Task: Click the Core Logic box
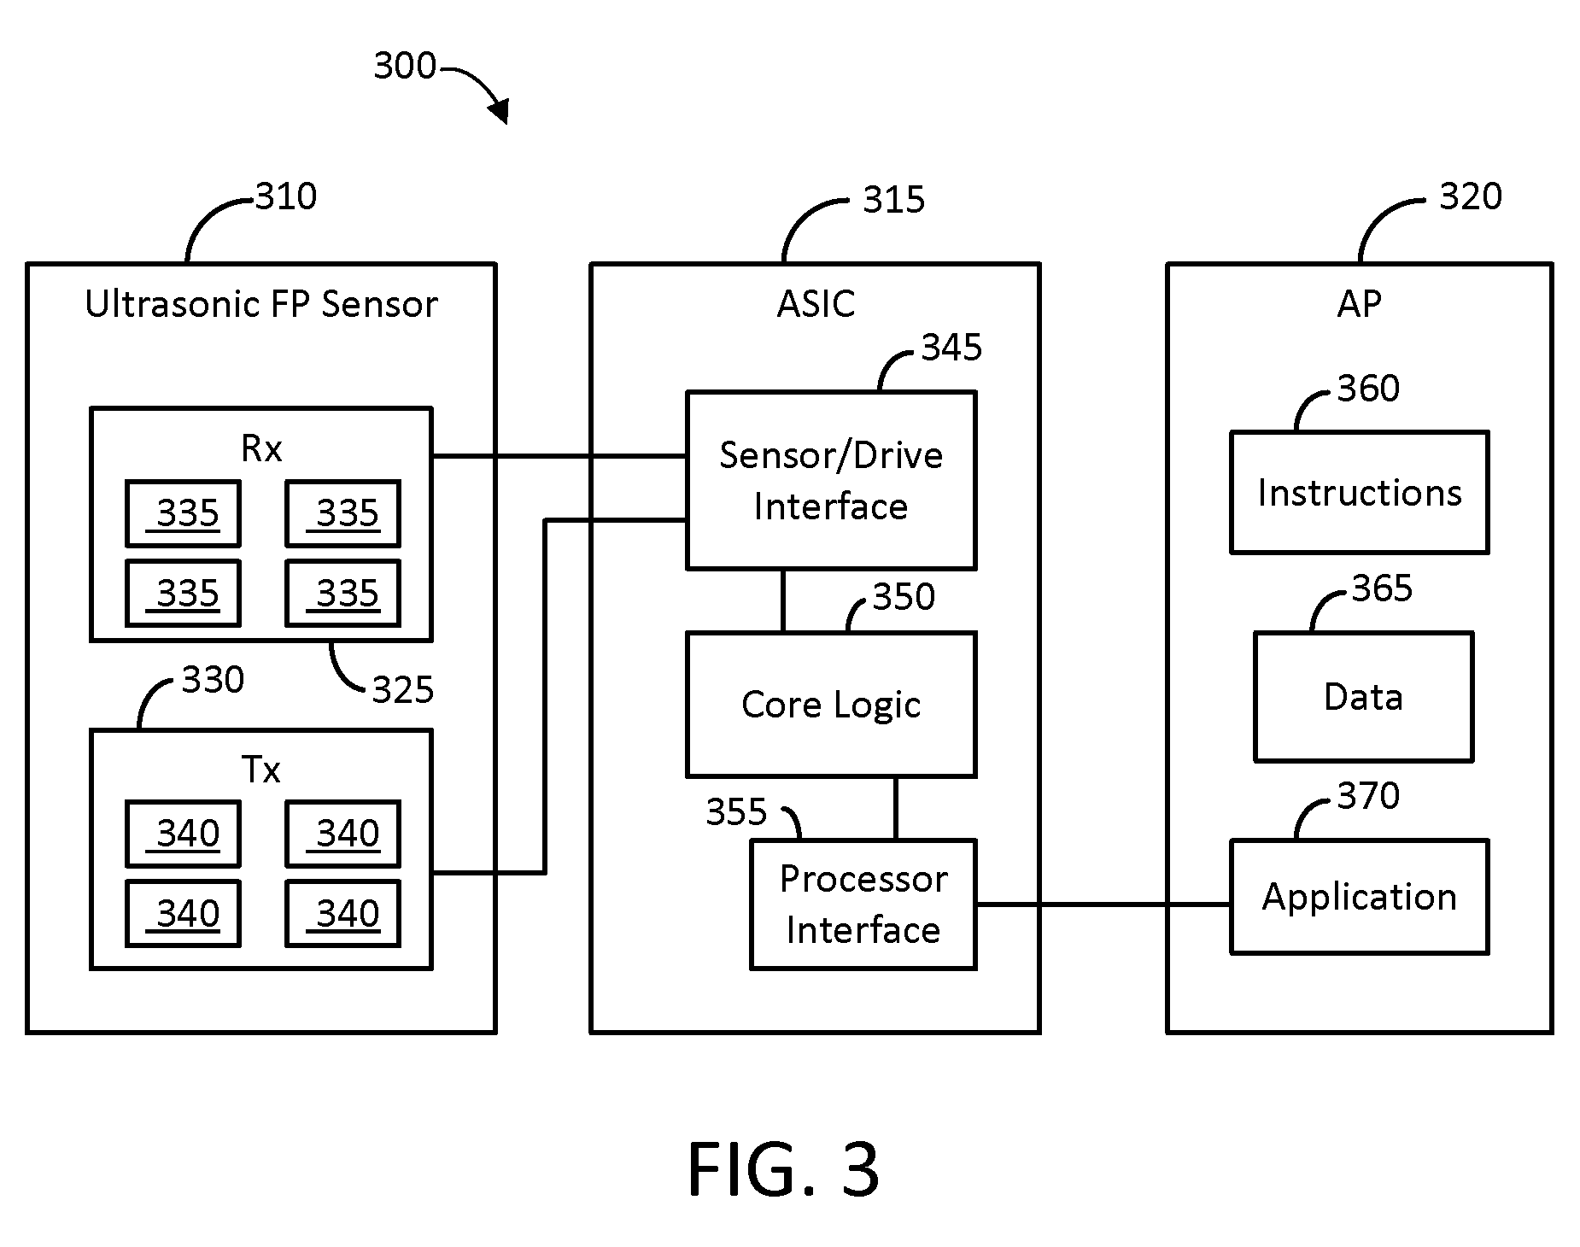tap(831, 705)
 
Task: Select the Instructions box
tap(1359, 493)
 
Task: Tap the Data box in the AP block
tap(1363, 697)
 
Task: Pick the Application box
tap(1359, 897)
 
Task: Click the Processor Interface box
tap(863, 905)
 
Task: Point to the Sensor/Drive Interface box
tap(831, 481)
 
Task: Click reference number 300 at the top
tap(405, 66)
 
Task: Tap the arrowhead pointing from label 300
tap(499, 111)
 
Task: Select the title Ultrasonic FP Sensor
tap(261, 304)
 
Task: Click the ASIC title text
tap(816, 304)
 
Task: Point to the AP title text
tap(1359, 304)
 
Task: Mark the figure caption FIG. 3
tap(783, 1170)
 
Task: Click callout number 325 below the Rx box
tap(403, 690)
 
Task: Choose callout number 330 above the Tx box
tap(214, 680)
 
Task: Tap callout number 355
tap(736, 811)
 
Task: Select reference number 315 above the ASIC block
tap(894, 200)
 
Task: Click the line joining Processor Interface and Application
tap(1103, 904)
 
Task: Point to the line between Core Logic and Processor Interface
tap(895, 808)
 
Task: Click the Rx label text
tap(261, 448)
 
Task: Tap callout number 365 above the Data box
tap(1382, 588)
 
